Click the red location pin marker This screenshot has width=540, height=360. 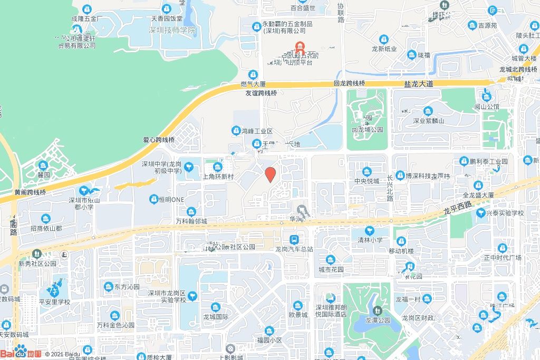coord(271,174)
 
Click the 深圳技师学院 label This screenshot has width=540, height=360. coord(172,30)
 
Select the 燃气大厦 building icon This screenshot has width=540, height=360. coord(253,74)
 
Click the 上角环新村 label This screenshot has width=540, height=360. coord(218,177)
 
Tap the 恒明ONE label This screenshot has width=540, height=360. coord(170,199)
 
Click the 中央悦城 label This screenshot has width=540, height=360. coord(367,181)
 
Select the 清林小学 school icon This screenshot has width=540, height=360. coord(370,230)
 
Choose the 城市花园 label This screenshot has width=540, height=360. coord(331,269)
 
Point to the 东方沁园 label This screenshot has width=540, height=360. coord(127,287)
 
